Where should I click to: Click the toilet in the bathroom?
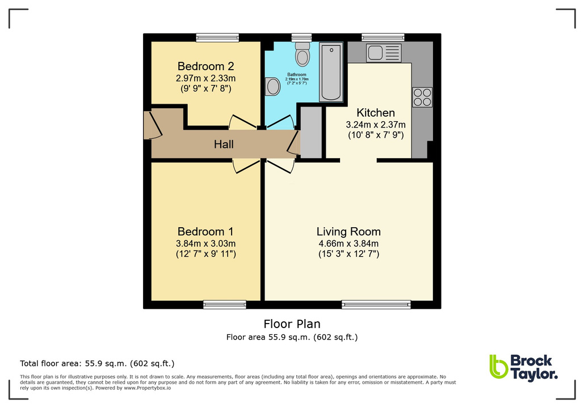(x=302, y=55)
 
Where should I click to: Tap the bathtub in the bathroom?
(x=331, y=71)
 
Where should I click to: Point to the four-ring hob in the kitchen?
(x=422, y=97)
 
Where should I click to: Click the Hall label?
(x=224, y=144)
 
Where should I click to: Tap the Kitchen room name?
(x=375, y=113)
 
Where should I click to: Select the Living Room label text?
(x=348, y=231)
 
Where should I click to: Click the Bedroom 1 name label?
(x=205, y=231)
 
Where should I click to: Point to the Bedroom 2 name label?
(x=205, y=65)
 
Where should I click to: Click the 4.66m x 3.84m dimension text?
(x=348, y=244)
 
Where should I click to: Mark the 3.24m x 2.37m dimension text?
(x=375, y=125)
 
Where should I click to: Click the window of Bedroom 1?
(x=225, y=305)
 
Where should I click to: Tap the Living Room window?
(x=376, y=305)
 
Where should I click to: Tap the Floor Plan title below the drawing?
(x=292, y=324)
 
